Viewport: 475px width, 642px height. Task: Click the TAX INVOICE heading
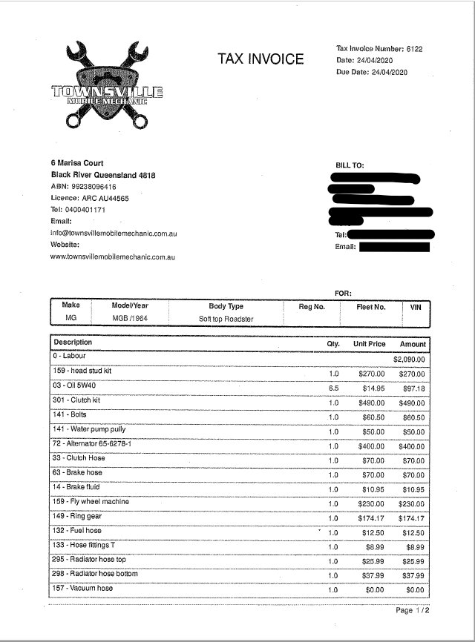coord(261,59)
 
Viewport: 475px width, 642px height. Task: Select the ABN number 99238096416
coord(93,187)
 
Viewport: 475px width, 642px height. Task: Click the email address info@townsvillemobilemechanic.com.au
coord(113,233)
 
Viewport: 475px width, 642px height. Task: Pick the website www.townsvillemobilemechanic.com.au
coord(112,257)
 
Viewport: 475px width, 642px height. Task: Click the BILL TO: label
coord(350,165)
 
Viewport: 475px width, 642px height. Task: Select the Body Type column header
coord(226,306)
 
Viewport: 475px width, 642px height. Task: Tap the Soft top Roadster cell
coord(226,319)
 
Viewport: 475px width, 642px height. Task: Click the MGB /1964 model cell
coord(129,319)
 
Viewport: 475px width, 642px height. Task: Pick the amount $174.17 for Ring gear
coord(412,518)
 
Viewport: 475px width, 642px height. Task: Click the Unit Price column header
coord(369,344)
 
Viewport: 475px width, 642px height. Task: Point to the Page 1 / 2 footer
coord(413,610)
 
